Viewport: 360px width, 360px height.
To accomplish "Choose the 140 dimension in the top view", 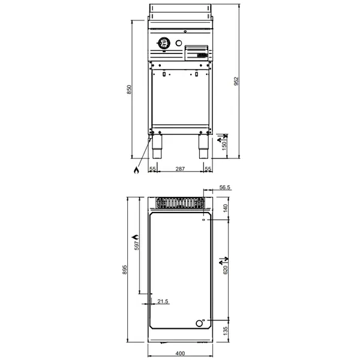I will (226, 208).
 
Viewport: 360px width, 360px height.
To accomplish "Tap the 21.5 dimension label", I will (162, 301).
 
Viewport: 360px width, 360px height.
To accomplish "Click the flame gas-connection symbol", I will (136, 170).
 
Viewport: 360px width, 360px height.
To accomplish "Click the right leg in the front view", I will (203, 147).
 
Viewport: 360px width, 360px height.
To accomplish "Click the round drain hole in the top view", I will (200, 324).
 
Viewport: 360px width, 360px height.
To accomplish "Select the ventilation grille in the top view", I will (180, 202).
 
